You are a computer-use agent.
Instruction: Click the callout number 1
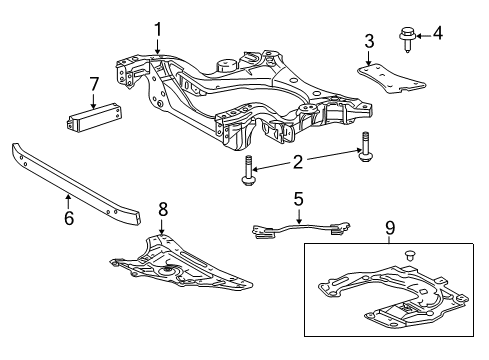click(157, 29)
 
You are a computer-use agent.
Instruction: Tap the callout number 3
click(369, 40)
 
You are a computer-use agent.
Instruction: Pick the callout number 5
click(297, 200)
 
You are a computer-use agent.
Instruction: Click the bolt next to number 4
click(408, 38)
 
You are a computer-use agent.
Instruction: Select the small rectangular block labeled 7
click(93, 116)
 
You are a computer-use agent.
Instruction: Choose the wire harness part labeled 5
click(297, 229)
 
